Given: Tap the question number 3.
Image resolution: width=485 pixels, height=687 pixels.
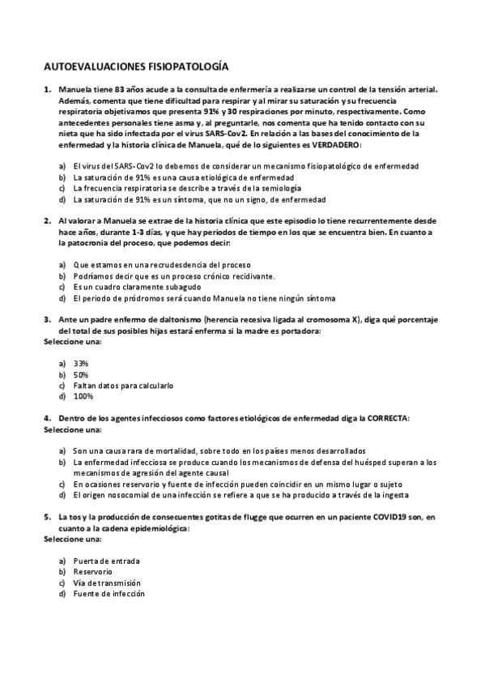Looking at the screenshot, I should tap(47, 320).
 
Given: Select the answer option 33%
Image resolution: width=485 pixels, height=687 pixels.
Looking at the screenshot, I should tap(81, 364).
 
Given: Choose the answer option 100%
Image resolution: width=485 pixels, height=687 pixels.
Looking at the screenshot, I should tap(83, 397).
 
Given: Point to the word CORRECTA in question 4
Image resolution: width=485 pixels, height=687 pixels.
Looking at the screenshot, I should tap(387, 418).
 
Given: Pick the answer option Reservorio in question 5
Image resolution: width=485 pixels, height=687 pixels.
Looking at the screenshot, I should tap(92, 572).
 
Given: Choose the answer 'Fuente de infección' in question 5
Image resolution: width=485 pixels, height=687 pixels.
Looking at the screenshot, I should tap(108, 594).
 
